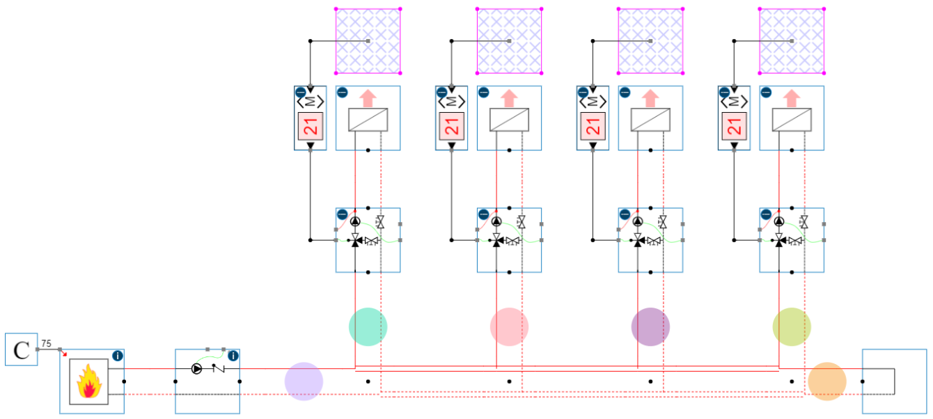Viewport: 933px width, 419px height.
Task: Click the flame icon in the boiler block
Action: tap(88, 382)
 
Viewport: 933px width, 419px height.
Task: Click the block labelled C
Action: tap(22, 349)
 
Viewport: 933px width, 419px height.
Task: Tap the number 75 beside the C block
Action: tap(47, 343)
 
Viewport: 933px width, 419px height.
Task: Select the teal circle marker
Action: tap(368, 326)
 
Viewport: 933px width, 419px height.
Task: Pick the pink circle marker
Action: tap(509, 326)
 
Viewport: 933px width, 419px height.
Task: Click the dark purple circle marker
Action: tap(650, 326)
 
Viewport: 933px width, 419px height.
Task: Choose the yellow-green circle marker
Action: tap(792, 326)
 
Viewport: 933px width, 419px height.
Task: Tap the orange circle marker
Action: tap(827, 381)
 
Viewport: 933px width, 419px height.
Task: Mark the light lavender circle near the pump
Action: tap(304, 381)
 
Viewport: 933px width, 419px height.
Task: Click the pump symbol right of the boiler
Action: tap(198, 369)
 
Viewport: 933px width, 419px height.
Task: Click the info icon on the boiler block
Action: tap(118, 356)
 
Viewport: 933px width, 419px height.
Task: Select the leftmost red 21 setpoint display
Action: tap(311, 127)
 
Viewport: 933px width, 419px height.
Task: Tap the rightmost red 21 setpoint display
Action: tap(734, 127)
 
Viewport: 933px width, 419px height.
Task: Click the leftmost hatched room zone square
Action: tap(368, 41)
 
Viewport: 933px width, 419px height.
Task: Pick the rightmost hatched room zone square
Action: tap(792, 41)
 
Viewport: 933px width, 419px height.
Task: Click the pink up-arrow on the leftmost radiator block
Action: tap(368, 97)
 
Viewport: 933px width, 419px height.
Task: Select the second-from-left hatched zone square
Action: tap(509, 41)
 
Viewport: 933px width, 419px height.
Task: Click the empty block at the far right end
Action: tap(895, 381)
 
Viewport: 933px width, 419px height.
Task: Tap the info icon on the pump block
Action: tap(233, 356)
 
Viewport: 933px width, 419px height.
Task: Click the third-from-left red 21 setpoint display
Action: tap(593, 127)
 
